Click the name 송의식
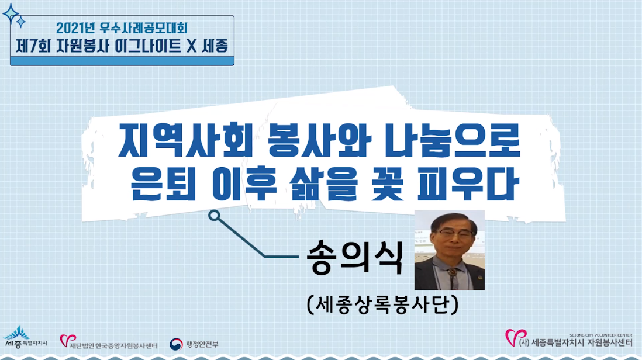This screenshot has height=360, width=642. [x=354, y=257]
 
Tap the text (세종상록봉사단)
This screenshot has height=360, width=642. [x=382, y=304]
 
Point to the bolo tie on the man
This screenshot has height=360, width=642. [x=451, y=272]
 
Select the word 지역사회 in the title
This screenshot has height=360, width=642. [x=185, y=141]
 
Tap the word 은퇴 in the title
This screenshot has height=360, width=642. [x=163, y=184]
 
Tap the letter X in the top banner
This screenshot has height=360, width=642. [x=192, y=46]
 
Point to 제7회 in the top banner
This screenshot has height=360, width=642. [x=33, y=46]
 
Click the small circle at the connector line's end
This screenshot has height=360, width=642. [x=214, y=216]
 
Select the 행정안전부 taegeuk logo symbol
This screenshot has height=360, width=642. [x=176, y=344]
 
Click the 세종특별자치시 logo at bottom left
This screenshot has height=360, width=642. [x=25, y=338]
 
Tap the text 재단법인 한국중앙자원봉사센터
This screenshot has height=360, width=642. [x=113, y=346]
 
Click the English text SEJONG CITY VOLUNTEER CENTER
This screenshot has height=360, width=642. [x=600, y=335]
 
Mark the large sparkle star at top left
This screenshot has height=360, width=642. [x=11, y=14]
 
